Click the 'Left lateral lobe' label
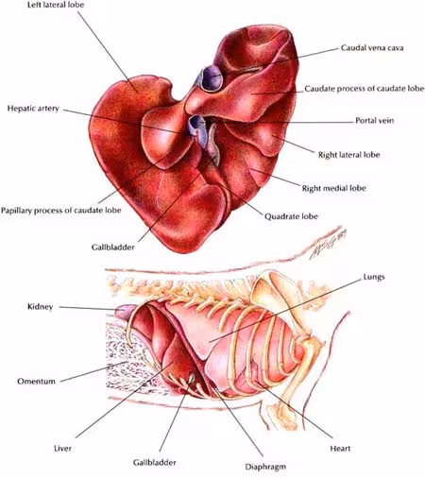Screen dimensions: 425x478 tap(56, 5)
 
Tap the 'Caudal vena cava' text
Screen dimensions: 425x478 tap(372, 48)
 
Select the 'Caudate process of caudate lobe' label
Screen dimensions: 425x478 tap(365, 89)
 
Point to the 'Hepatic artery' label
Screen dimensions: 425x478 tap(33, 109)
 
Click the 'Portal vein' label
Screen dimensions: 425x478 tap(375, 121)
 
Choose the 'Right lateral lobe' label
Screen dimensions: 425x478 tap(349, 155)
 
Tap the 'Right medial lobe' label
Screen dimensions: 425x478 tap(334, 188)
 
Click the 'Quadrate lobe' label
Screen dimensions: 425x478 tap(291, 216)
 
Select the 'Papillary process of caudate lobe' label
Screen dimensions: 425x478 tap(61, 211)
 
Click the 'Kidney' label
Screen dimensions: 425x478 tap(41, 307)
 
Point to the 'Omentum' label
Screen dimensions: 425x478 tap(36, 382)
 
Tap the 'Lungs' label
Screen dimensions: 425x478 tap(374, 277)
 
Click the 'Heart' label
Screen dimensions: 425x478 tap(340, 448)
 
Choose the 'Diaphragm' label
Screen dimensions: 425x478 tap(265, 467)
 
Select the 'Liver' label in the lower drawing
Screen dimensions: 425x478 tap(62, 448)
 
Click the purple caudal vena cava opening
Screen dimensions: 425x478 tap(211, 77)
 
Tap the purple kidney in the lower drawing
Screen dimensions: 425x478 tap(125, 312)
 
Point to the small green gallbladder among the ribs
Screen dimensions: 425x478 tap(191, 378)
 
